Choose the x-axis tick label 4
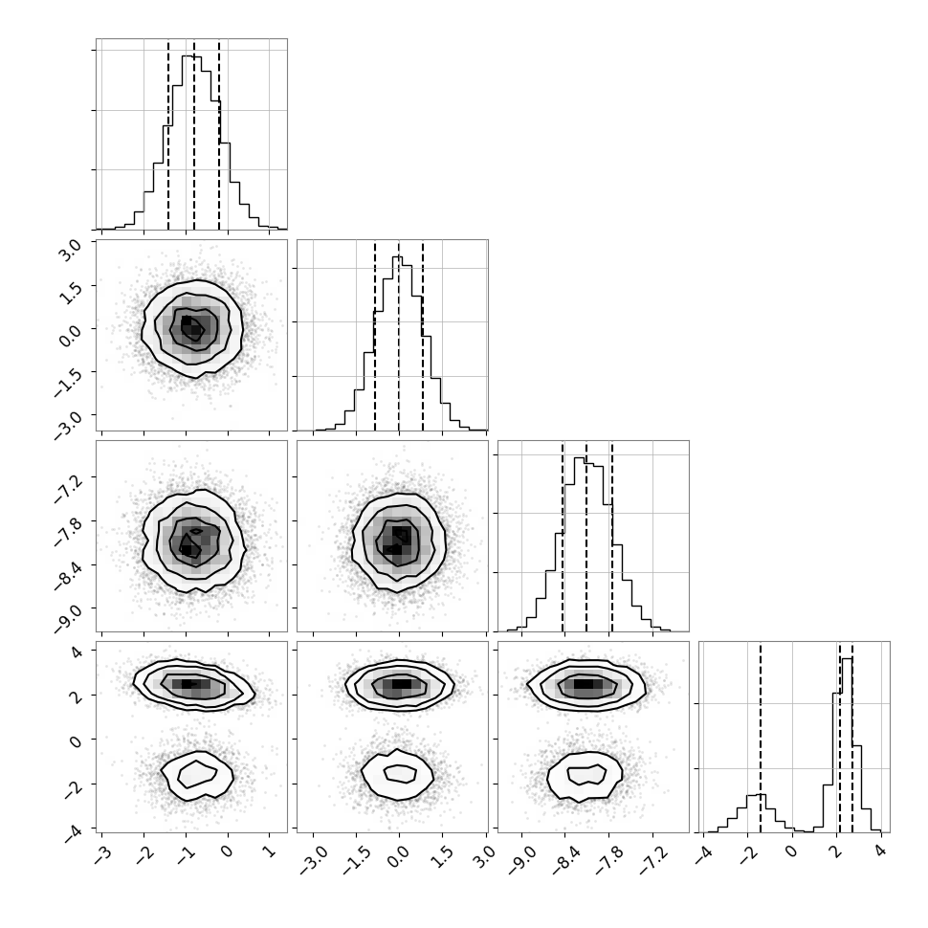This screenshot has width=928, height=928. click(881, 851)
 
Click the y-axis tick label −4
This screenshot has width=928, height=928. click(72, 831)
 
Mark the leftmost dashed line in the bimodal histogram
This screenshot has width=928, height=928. click(761, 738)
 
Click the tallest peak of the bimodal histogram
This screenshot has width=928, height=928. click(847, 659)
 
